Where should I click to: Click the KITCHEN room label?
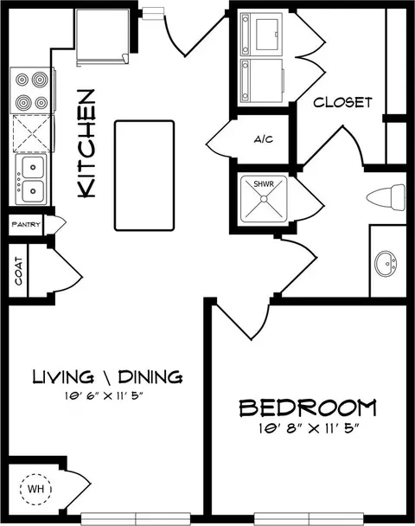[x=86, y=144]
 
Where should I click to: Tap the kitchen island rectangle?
[x=144, y=176]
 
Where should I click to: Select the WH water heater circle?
[x=35, y=489]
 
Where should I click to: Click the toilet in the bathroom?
[x=386, y=197]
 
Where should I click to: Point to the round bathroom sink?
[x=386, y=264]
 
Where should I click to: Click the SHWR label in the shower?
[x=264, y=183]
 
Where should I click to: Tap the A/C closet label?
[x=264, y=139]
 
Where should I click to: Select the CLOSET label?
[x=342, y=102]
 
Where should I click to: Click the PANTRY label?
[x=26, y=224]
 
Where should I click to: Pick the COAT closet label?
[x=18, y=271]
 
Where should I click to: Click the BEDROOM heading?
[x=308, y=407]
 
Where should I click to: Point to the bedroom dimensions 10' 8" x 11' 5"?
[x=309, y=428]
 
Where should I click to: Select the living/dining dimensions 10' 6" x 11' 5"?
[x=104, y=396]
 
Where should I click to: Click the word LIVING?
[x=63, y=376]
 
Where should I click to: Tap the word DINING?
[x=150, y=376]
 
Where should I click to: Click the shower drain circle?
[x=264, y=199]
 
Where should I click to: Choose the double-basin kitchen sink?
[x=32, y=179]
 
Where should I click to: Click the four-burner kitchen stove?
[x=32, y=91]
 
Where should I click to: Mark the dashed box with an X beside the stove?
[x=32, y=133]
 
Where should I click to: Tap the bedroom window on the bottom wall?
[x=309, y=518]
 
